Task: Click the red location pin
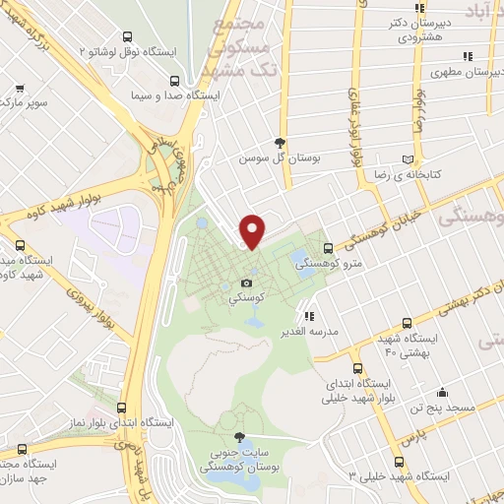[253, 230]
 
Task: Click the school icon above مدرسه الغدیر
[310, 317]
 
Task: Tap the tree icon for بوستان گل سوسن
[283, 142]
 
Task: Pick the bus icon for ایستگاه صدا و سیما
[174, 82]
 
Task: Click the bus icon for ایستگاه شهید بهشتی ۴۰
[408, 323]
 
